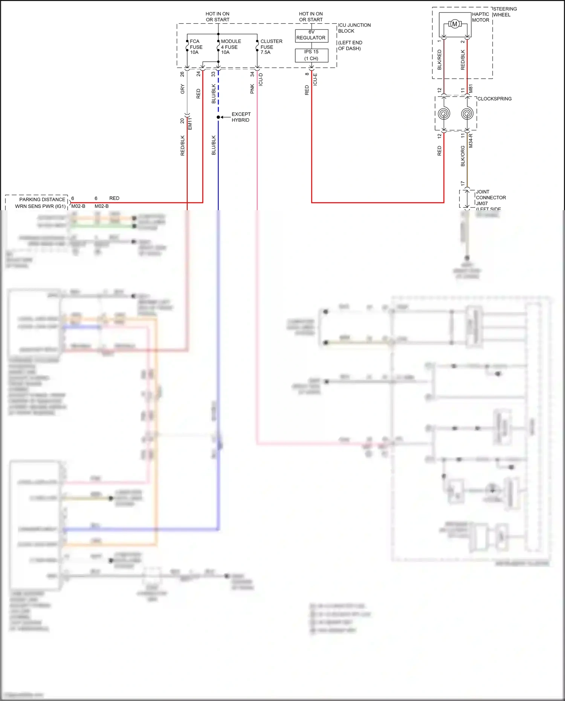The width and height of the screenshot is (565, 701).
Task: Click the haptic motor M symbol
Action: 455,24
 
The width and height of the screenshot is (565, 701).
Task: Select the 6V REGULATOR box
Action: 311,35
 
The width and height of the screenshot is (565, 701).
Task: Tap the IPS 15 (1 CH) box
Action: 311,55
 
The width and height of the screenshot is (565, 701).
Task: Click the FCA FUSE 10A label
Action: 196,47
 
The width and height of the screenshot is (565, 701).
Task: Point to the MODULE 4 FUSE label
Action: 231,47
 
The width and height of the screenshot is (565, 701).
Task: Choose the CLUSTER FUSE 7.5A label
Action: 271,47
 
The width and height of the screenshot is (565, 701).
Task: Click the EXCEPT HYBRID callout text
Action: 241,117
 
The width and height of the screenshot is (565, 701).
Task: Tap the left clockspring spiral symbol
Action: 444,113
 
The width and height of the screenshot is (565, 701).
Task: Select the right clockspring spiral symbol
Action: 467,113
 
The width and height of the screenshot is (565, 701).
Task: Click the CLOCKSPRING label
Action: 494,99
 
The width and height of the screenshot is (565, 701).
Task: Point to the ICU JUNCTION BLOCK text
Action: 354,28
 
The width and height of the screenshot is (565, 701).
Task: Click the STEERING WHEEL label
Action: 504,12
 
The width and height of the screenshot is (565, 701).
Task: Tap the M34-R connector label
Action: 471,141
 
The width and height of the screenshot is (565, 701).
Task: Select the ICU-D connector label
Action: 261,79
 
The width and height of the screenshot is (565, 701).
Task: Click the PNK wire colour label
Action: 252,89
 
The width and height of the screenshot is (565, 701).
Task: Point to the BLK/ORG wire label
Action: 463,156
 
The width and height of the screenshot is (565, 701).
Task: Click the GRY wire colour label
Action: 183,89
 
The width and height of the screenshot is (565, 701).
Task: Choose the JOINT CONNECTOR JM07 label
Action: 490,197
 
